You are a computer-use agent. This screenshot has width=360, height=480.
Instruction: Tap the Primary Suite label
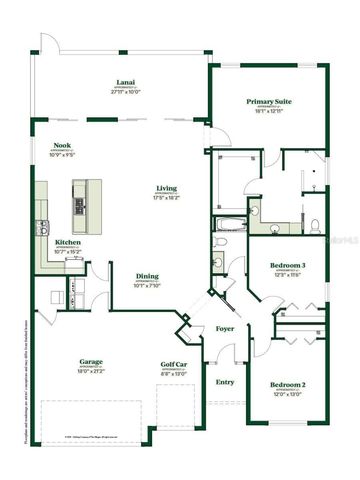270,101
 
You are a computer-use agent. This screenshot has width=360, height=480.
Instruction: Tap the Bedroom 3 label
287,265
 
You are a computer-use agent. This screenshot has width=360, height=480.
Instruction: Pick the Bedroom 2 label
288,384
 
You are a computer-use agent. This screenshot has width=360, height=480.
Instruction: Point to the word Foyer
226,329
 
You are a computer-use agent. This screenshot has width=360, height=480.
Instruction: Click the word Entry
224,381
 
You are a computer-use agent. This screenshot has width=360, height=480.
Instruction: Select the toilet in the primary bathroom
314,222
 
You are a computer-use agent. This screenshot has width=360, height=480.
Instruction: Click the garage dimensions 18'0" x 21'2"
93,373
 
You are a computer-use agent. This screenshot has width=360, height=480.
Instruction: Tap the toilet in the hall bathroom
218,265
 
